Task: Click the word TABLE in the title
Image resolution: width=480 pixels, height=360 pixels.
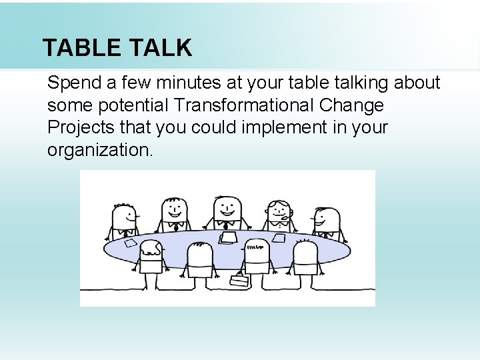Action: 81,48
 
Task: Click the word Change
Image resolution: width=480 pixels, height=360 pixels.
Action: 352,105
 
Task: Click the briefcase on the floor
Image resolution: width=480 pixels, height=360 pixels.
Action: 239,280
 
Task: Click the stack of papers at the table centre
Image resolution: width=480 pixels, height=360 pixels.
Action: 228,237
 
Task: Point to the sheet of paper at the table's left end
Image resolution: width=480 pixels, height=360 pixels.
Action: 129,243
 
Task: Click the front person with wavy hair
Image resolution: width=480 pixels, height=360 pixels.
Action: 151,257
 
